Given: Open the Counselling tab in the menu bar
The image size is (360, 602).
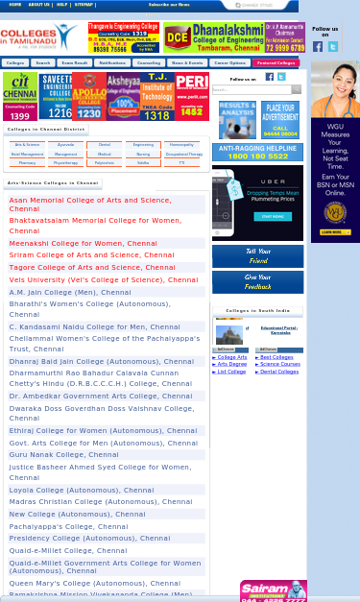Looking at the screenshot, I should click(x=149, y=62).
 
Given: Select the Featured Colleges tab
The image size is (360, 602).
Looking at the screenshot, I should click(x=276, y=62).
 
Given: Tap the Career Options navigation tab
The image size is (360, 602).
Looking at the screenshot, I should click(x=229, y=62).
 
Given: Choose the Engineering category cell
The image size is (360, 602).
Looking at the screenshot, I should click(x=143, y=144).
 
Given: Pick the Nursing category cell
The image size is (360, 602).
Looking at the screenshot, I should click(x=143, y=154).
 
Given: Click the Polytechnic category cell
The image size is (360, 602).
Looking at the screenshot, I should click(x=105, y=162).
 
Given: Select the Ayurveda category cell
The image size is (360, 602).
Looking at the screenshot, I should click(x=66, y=144).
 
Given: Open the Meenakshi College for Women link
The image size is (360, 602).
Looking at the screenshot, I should click(x=83, y=243).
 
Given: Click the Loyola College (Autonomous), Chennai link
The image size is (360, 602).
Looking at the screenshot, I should click(x=82, y=490).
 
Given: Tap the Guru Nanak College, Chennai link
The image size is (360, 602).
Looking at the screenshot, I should click(x=64, y=454).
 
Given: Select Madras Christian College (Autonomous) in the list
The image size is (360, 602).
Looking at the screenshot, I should click(x=101, y=501).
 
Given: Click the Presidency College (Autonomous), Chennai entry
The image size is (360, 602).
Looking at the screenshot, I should click(x=101, y=538).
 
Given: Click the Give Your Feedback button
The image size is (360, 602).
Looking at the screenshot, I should click(x=257, y=281).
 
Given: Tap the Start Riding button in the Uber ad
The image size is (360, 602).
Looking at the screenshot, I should click(x=273, y=217).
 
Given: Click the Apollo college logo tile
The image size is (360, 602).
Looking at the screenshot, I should click(x=89, y=96).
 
